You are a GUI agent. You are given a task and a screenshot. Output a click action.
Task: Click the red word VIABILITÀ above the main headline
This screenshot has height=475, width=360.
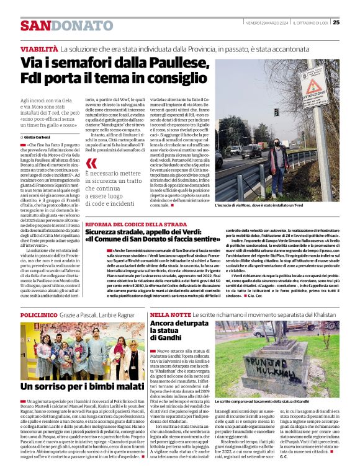pyautogui.click(x=38, y=48)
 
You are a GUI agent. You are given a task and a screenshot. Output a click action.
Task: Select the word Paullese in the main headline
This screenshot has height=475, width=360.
pyautogui.click(x=166, y=62)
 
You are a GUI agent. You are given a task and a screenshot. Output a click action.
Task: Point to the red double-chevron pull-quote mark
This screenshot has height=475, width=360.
pyautogui.click(x=92, y=164)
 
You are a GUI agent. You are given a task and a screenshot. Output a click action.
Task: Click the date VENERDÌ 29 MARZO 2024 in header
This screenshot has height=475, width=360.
pyautogui.click(x=268, y=23)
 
